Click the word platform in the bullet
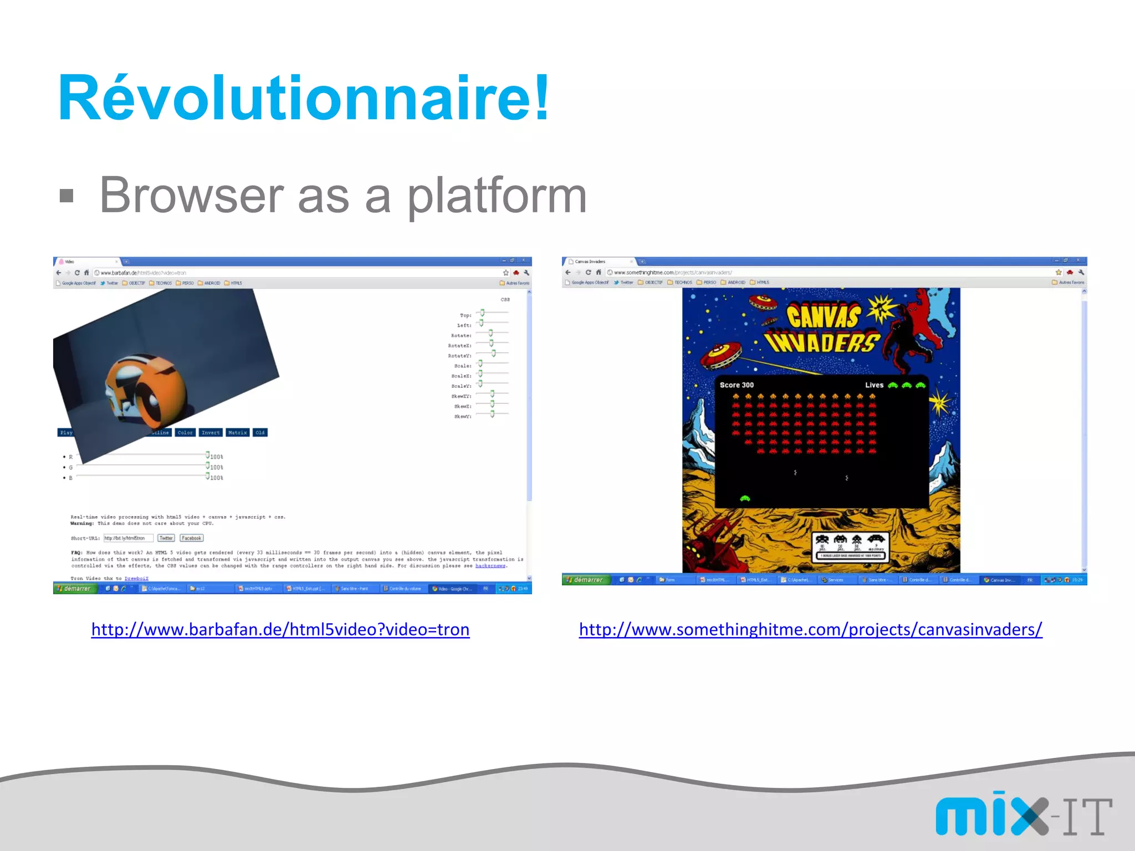(x=497, y=196)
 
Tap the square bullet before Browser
(x=67, y=196)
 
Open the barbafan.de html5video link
(x=280, y=629)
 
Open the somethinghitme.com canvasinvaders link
(x=810, y=629)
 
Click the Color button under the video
(x=185, y=433)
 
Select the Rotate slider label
(x=461, y=336)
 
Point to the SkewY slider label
(x=462, y=417)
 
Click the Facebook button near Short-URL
(x=191, y=538)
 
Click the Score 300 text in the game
(x=737, y=385)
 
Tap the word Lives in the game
(x=874, y=385)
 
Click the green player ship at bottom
(x=745, y=499)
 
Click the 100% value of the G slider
(x=216, y=468)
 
